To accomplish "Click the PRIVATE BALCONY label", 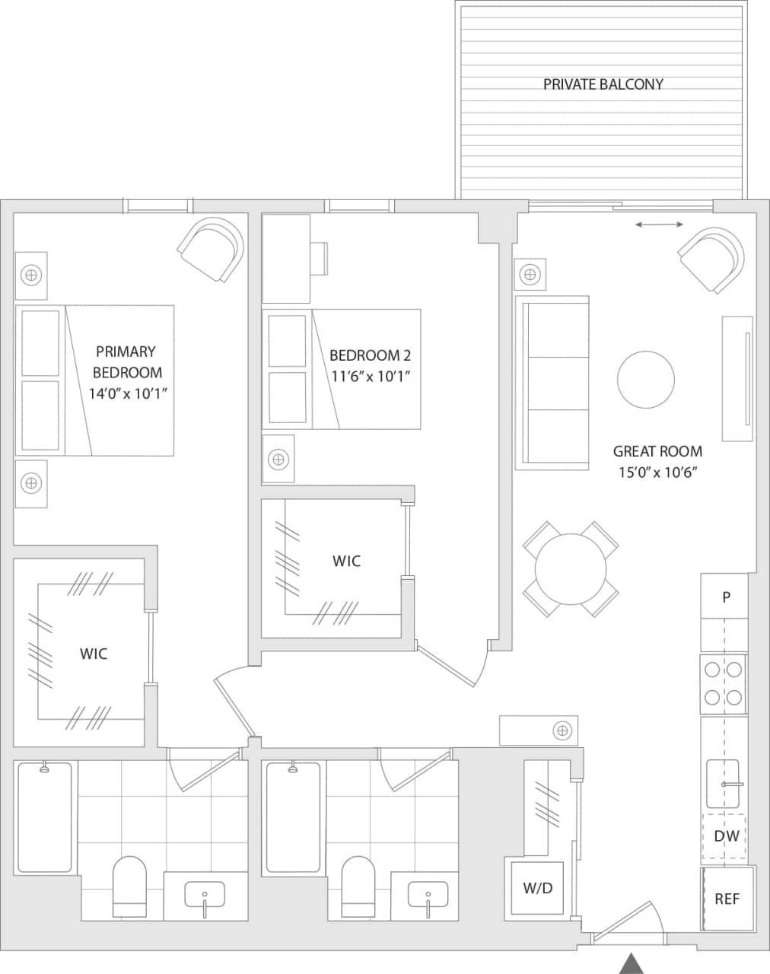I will (603, 84).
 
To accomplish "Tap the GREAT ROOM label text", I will (657, 451).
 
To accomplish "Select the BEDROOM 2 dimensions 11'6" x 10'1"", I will (371, 376).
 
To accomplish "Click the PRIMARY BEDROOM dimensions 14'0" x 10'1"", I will (127, 393).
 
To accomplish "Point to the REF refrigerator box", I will (727, 899).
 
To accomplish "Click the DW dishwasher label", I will (726, 836).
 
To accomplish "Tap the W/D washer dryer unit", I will (537, 888).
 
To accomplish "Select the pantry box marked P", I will (726, 597).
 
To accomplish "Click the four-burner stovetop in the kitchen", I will (723, 683).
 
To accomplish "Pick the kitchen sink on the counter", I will (723, 784).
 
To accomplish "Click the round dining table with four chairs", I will (571, 568).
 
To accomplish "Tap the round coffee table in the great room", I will (646, 380).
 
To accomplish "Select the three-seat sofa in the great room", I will (553, 383).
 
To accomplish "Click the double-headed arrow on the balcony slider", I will (659, 224).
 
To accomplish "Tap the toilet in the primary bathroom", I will (129, 886).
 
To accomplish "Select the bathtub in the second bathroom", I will (293, 816).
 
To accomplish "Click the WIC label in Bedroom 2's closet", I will (346, 562).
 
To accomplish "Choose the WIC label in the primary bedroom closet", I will (94, 654).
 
